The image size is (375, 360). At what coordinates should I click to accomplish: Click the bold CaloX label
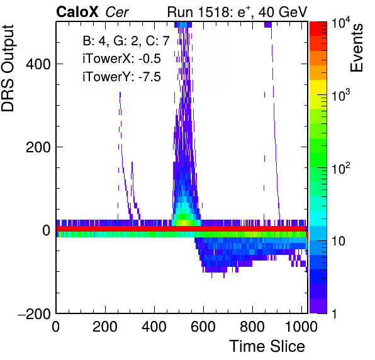coord(77,12)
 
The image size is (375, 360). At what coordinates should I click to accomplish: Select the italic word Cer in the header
coord(117,12)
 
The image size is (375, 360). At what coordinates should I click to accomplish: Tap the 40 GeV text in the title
coord(283,12)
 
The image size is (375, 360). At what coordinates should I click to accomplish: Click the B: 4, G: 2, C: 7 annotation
coord(126,41)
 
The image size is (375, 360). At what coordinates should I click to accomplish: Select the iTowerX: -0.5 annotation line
coord(121,59)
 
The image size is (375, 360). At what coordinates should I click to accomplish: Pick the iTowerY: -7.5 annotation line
coord(121,77)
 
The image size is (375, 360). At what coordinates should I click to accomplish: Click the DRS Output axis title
coord(8,69)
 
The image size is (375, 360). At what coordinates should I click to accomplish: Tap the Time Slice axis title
coord(267,346)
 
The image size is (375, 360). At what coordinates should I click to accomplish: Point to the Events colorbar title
coord(356,48)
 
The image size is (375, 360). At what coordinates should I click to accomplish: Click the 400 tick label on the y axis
coord(38,64)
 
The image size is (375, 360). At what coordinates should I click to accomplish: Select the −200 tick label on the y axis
coord(35,314)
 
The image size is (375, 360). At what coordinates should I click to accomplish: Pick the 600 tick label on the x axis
coord(203,327)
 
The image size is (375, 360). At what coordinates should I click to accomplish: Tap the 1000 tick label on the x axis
coord(301,327)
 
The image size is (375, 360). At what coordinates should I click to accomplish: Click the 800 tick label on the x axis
coord(252,327)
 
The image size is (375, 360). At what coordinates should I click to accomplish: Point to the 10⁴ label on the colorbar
coord(341,25)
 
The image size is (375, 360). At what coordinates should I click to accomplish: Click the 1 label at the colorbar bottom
coord(335,313)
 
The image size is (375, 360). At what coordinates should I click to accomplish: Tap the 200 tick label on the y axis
coord(38,147)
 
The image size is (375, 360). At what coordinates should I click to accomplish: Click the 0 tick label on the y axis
coord(47,230)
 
